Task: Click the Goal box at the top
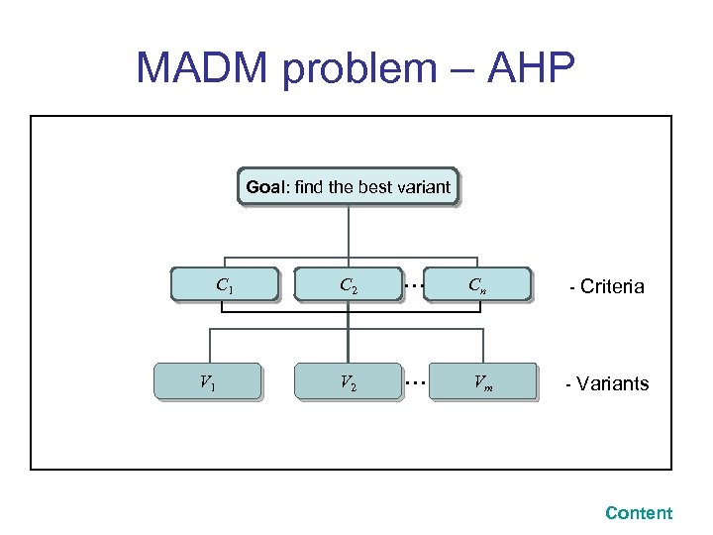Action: (x=348, y=186)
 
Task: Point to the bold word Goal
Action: (x=264, y=186)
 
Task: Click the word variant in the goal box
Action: (x=422, y=186)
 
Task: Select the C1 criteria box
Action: (x=225, y=285)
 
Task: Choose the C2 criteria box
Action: (x=349, y=285)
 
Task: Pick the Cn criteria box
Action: (x=477, y=285)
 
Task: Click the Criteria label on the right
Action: (x=611, y=287)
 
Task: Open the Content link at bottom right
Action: (x=639, y=513)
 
